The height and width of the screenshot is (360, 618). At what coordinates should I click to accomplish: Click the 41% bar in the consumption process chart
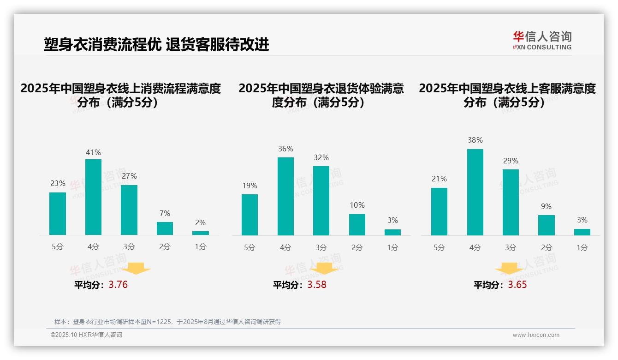pyautogui.click(x=93, y=197)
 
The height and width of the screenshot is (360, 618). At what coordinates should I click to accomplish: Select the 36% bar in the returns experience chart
pyautogui.click(x=285, y=196)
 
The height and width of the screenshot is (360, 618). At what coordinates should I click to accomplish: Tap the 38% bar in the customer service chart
pyautogui.click(x=475, y=192)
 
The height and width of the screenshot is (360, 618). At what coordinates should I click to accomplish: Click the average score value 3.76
pyautogui.click(x=118, y=285)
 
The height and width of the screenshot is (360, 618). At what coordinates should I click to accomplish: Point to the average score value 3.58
pyautogui.click(x=317, y=285)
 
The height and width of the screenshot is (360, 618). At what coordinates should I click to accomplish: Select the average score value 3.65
pyautogui.click(x=517, y=285)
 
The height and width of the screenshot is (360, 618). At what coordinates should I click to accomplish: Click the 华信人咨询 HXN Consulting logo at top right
pyautogui.click(x=542, y=40)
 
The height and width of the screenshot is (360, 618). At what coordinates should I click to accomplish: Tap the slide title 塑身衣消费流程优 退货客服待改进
pyautogui.click(x=156, y=44)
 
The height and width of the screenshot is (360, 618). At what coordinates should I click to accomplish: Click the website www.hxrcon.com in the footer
pyautogui.click(x=536, y=335)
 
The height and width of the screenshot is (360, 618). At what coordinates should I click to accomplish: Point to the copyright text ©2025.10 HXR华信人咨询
pyautogui.click(x=86, y=335)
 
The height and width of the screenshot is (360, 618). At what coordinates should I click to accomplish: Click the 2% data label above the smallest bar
pyautogui.click(x=200, y=222)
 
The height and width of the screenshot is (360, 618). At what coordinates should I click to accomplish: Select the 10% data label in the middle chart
pyautogui.click(x=357, y=205)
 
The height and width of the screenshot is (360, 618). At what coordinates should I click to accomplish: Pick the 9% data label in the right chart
pyautogui.click(x=546, y=206)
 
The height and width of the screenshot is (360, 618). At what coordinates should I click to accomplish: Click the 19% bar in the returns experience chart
pyautogui.click(x=250, y=215)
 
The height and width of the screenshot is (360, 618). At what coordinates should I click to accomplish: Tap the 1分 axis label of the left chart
pyautogui.click(x=200, y=247)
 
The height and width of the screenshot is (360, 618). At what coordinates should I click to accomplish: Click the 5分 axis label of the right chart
pyautogui.click(x=439, y=248)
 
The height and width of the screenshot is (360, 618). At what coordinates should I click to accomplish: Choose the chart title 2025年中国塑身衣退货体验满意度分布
pyautogui.click(x=321, y=95)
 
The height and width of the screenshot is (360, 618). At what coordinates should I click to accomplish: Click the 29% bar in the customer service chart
pyautogui.click(x=511, y=202)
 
